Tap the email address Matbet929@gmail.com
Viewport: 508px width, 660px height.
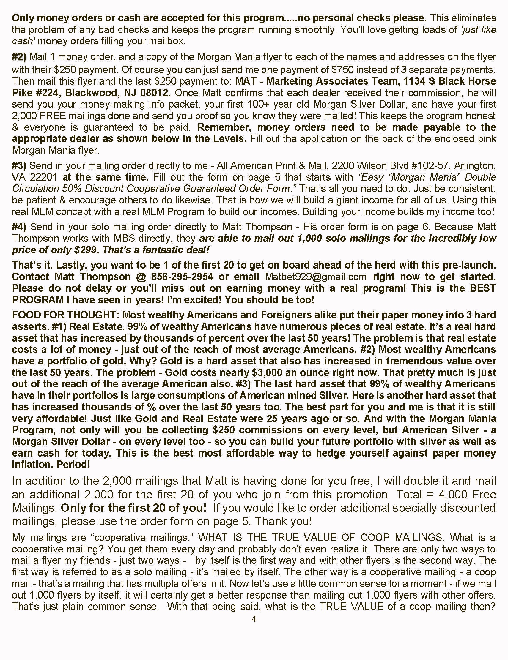pyautogui.click(x=316, y=277)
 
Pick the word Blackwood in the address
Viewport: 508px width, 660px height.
pyautogui.click(x=90, y=92)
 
